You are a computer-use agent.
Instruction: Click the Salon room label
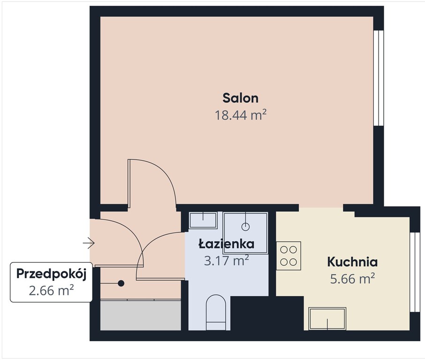(241, 98)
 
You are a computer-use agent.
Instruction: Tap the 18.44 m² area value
(241, 115)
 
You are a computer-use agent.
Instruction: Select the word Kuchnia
(352, 262)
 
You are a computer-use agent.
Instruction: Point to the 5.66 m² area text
(352, 278)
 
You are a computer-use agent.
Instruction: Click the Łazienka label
(227, 244)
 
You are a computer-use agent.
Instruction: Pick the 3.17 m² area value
(226, 261)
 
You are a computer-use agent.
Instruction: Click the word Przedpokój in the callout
(51, 274)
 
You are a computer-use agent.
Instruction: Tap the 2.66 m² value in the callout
(51, 291)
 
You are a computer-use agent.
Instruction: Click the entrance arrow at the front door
(89, 243)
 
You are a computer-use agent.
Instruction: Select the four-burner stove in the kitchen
(288, 256)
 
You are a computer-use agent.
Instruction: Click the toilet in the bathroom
(216, 312)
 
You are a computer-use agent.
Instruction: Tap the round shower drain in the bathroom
(245, 227)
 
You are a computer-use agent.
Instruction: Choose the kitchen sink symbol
(327, 319)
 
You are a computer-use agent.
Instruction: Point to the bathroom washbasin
(203, 220)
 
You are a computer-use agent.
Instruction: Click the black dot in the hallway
(121, 283)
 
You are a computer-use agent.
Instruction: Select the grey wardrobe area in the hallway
(140, 315)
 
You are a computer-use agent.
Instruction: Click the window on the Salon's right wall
(379, 78)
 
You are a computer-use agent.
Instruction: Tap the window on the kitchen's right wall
(415, 272)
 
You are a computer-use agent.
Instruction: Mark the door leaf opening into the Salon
(129, 183)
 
